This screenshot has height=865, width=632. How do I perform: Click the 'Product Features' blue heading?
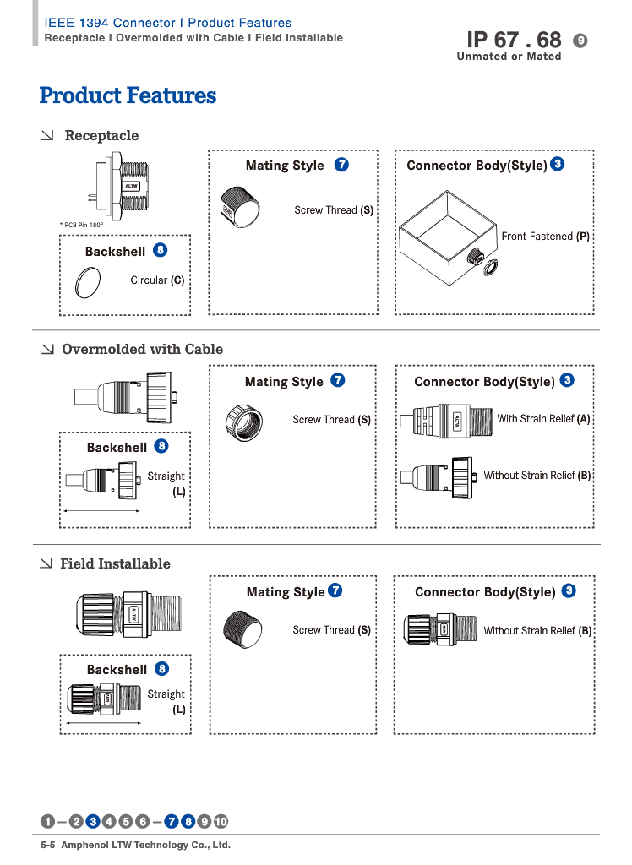(x=128, y=95)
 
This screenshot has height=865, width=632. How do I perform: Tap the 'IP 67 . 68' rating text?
(x=514, y=40)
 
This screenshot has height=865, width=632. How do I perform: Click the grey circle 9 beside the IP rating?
(x=580, y=40)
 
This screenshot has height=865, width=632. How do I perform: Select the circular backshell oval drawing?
(x=88, y=282)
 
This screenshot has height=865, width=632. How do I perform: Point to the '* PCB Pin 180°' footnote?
(x=81, y=225)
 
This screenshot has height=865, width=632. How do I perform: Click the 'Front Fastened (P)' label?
(x=545, y=237)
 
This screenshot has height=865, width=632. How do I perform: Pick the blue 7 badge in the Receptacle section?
(x=341, y=165)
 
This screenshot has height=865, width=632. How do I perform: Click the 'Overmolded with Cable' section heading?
(x=142, y=349)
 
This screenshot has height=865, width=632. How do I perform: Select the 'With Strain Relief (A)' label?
(x=543, y=418)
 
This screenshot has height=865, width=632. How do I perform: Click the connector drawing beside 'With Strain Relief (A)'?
(x=444, y=420)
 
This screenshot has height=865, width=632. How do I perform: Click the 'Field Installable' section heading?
(x=115, y=563)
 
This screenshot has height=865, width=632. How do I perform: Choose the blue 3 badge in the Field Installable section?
(x=569, y=590)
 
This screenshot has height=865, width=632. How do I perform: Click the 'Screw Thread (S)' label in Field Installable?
(x=331, y=629)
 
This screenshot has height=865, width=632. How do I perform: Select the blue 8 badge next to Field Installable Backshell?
(x=162, y=669)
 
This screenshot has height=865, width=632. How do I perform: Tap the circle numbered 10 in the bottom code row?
(x=221, y=821)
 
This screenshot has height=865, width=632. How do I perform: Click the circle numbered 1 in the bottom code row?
(x=48, y=821)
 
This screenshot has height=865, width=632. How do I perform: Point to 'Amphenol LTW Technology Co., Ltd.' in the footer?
(x=146, y=845)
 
